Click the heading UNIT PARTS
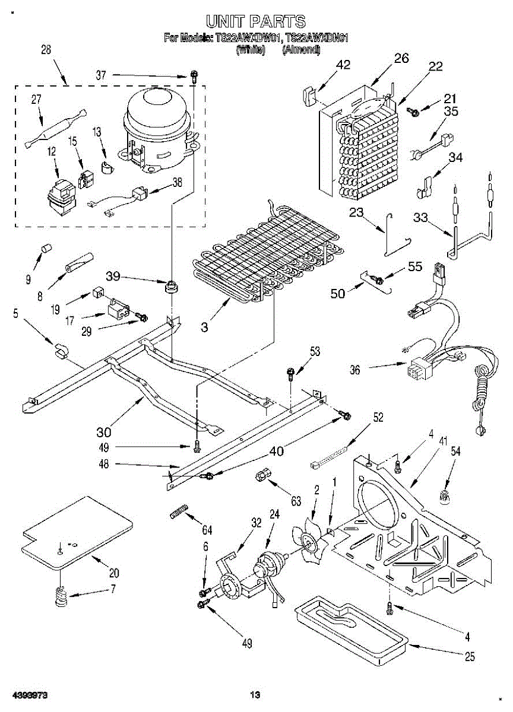tap(256, 22)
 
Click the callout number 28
tap(46, 50)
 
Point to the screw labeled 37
tap(194, 75)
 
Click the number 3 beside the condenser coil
tap(204, 327)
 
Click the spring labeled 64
tap(179, 511)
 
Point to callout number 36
tap(355, 370)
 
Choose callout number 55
tap(415, 266)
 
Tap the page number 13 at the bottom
tap(255, 695)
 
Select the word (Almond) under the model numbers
tap(301, 50)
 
